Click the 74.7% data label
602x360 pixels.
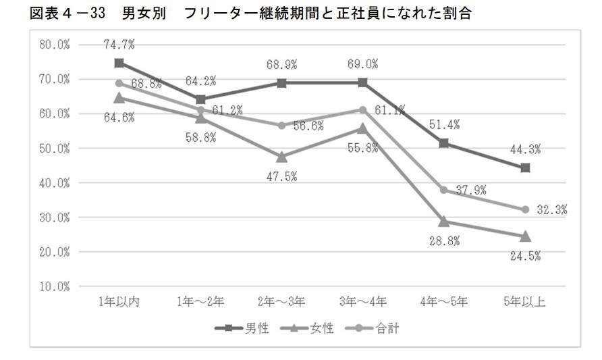(x=119, y=45)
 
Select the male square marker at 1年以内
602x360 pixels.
(x=119, y=63)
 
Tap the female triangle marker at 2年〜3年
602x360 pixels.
(x=281, y=157)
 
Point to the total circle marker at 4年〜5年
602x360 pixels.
(x=444, y=190)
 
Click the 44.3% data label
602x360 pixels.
(x=525, y=150)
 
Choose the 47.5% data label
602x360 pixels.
(x=282, y=176)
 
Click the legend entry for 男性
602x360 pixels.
(x=242, y=329)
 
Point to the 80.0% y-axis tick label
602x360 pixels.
(x=53, y=45)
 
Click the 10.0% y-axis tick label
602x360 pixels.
(x=53, y=286)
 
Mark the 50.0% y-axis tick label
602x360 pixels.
(x=53, y=149)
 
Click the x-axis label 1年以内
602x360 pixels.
(x=119, y=302)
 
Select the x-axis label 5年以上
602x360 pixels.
(x=525, y=302)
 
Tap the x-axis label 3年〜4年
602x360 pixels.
(x=362, y=302)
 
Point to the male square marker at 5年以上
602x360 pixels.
(x=525, y=168)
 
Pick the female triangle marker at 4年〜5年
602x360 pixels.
(x=444, y=221)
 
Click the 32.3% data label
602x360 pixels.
(x=551, y=209)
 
